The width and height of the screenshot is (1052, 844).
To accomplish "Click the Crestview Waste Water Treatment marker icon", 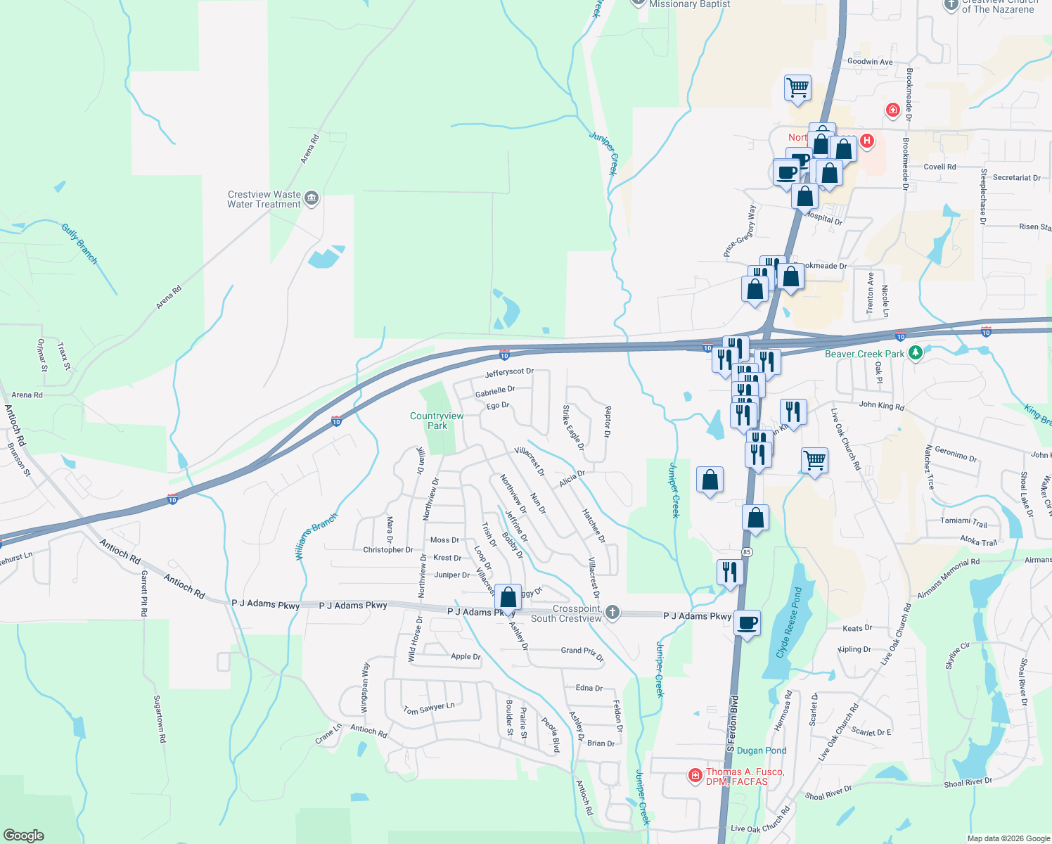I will click(x=312, y=199).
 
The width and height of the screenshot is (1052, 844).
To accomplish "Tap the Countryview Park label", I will click(x=437, y=421).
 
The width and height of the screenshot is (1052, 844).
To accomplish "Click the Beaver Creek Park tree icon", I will click(x=915, y=353).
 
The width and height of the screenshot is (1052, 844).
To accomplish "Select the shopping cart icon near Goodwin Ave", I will click(x=797, y=89).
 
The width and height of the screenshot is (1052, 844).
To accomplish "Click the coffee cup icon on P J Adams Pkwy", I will click(x=748, y=623).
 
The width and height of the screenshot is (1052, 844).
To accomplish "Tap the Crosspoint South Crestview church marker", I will click(x=612, y=613).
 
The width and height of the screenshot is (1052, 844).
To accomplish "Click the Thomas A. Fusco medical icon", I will click(x=695, y=776).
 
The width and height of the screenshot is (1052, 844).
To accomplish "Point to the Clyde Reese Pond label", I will click(x=788, y=622).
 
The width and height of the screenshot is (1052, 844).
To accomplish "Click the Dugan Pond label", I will click(x=762, y=750).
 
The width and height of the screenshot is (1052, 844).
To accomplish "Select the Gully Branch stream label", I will click(x=79, y=243).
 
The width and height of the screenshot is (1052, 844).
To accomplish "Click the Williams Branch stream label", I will click(x=316, y=536).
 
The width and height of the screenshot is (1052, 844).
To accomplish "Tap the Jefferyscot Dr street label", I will click(x=509, y=372).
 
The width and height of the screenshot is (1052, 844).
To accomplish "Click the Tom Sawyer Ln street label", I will click(x=429, y=709).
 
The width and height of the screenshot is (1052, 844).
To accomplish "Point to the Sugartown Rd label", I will click(x=160, y=719).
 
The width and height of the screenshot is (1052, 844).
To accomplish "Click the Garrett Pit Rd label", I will click(x=144, y=593).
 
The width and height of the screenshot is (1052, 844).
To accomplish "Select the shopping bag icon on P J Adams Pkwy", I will click(x=508, y=598).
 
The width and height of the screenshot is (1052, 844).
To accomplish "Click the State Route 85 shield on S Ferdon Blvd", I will click(x=747, y=552).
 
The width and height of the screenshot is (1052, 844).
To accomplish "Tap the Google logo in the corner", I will click(x=24, y=835).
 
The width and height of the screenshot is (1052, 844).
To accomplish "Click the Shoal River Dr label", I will click(x=968, y=782).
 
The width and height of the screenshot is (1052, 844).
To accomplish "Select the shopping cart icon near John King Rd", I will click(x=814, y=461).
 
